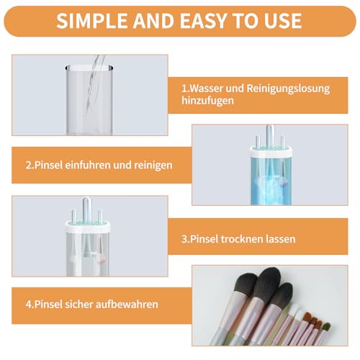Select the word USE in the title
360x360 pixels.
[283, 19]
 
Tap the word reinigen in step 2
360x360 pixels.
[151, 165]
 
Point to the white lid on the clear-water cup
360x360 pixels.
[87, 225]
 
